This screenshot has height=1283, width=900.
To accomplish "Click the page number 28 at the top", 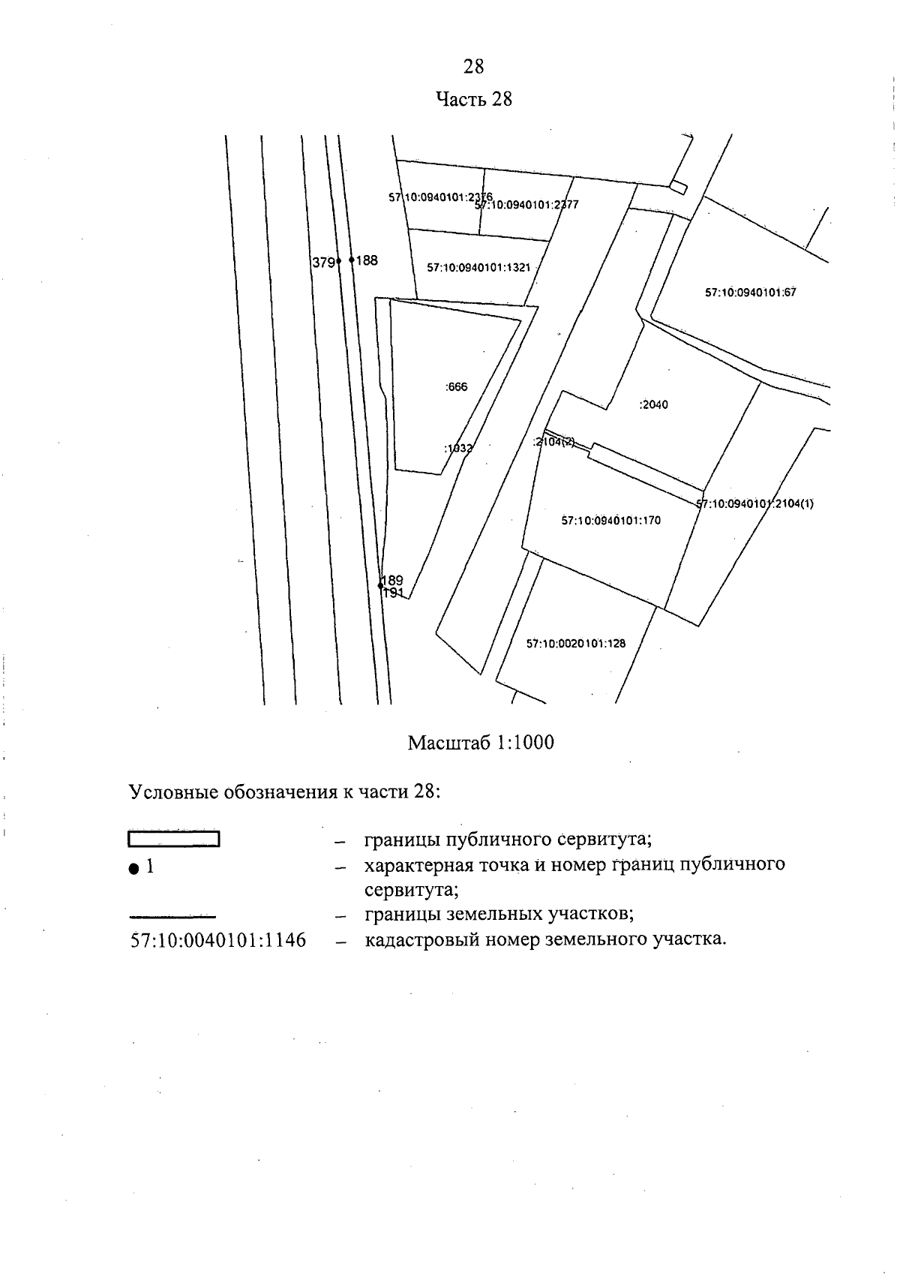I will point(473,67).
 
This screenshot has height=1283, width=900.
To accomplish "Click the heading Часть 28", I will point(474,99).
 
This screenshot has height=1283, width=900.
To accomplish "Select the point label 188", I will point(367,260).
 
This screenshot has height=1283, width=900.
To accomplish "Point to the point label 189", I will point(392,580).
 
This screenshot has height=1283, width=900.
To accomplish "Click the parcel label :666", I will point(456,387).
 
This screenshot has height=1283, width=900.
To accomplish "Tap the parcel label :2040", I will point(653,405).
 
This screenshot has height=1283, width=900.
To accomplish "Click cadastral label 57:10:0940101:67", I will point(750,293).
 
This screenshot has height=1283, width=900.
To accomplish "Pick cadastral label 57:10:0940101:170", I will point(610,520).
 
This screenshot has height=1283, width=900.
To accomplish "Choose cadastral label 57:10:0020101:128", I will point(575,644).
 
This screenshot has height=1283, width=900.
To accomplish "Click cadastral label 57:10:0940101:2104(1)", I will point(755,504).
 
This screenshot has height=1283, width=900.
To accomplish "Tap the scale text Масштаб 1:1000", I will point(481,743).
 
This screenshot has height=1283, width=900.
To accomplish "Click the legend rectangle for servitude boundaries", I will point(173,840).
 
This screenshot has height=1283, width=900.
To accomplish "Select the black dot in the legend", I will point(133,868).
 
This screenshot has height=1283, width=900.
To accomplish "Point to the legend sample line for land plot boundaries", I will point(173,916).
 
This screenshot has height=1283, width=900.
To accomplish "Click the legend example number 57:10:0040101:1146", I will point(218,940).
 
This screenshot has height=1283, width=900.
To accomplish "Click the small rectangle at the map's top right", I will point(678,187).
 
